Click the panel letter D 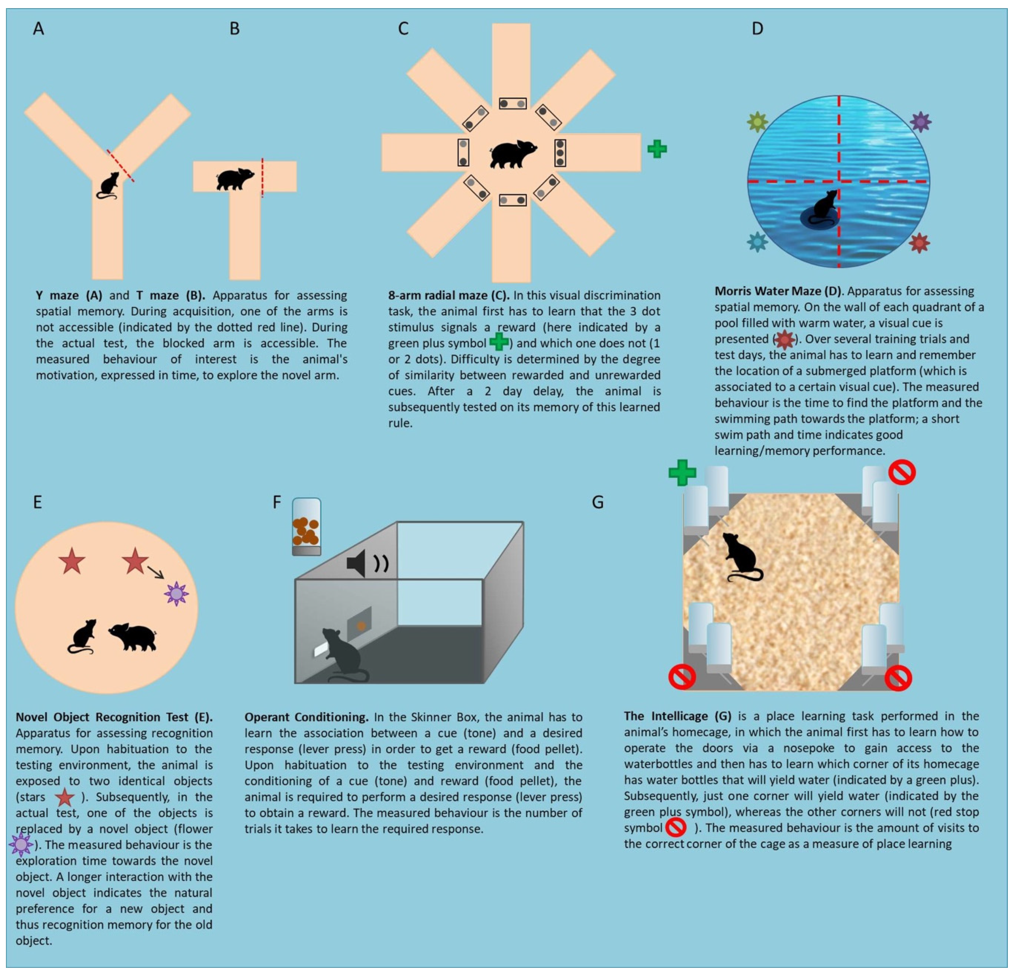757,28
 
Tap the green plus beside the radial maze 657,149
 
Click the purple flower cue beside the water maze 921,122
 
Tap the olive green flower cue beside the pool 757,122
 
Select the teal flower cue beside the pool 757,242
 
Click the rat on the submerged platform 822,207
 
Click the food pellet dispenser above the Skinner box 306,527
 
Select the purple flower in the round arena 176,594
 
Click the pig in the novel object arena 133,636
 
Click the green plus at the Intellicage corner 682,473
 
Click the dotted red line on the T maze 262,178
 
